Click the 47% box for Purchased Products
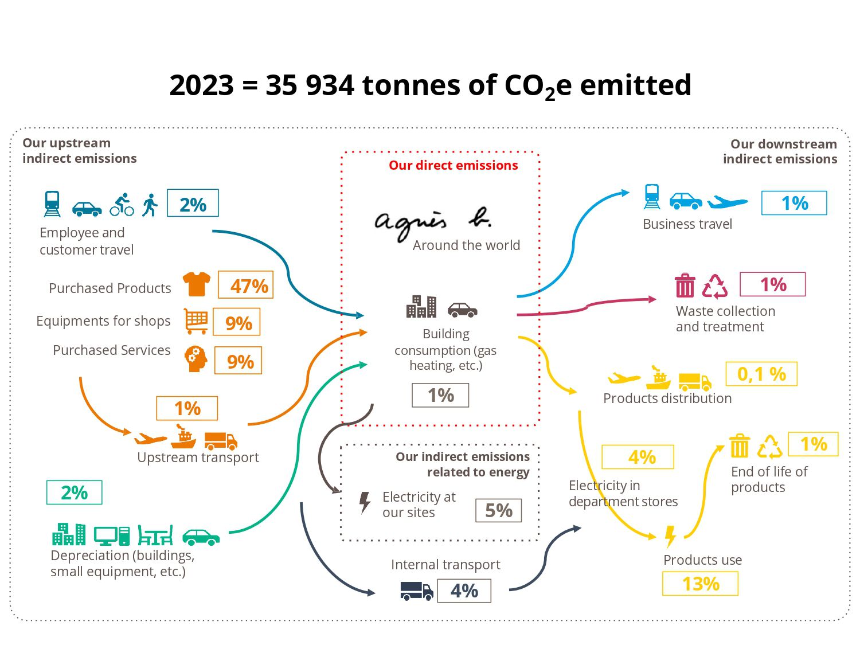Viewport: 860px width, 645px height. coord(245,285)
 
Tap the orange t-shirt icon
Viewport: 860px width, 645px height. coord(196,284)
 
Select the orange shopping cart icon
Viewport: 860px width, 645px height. coord(196,321)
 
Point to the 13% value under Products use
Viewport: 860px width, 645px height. coord(700,584)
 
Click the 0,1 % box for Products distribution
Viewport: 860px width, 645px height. coord(761,374)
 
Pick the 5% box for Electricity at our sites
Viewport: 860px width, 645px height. coord(498,510)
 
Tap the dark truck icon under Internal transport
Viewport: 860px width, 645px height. coord(416,591)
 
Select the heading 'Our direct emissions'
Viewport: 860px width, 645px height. coord(453,165)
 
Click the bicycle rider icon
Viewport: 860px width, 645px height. coord(122,205)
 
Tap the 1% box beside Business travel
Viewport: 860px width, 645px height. coord(794,203)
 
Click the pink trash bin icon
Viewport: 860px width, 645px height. coord(685,286)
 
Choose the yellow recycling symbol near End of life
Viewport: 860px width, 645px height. coord(769,447)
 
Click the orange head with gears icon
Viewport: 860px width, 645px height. coord(196,359)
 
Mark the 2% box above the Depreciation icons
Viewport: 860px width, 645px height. coord(74,492)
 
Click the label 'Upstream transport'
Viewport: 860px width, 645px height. coord(198,457)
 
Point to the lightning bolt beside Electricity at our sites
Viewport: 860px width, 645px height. coord(364,502)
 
